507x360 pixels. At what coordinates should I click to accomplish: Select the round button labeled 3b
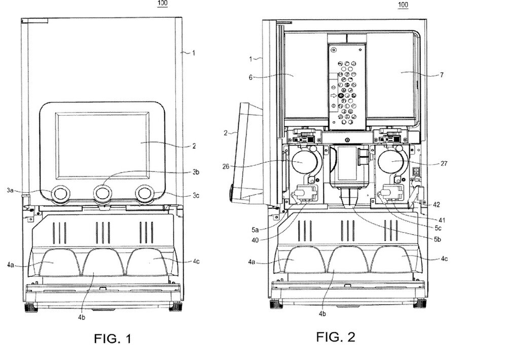coord(102,194)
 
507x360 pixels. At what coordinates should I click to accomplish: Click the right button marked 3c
coord(146,193)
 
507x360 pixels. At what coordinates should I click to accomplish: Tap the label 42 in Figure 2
coord(437,205)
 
